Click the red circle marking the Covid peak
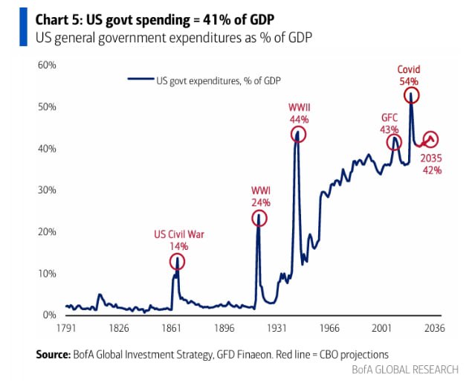click(x=410, y=95)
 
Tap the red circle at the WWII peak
click(x=298, y=135)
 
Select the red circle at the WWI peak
click(x=259, y=218)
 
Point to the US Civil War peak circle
click(x=177, y=261)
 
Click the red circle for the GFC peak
click(x=394, y=142)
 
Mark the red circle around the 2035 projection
click(x=430, y=139)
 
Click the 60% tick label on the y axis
click(x=48, y=65)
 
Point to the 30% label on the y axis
click(x=48, y=190)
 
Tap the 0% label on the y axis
click(x=50, y=315)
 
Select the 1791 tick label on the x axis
click(x=66, y=328)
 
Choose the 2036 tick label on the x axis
click(x=434, y=328)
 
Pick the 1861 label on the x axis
click(x=172, y=328)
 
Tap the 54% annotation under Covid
click(x=408, y=81)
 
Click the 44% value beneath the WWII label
click(x=299, y=119)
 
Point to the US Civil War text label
click(x=179, y=234)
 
